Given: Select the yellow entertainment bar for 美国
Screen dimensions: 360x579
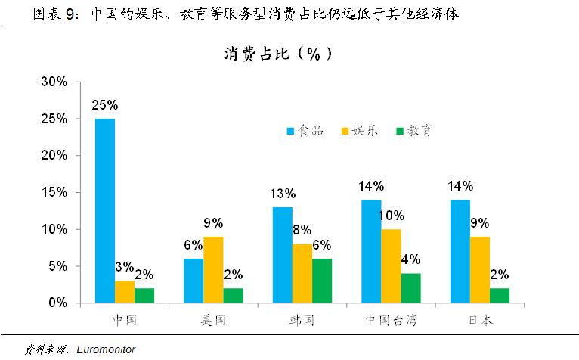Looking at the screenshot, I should point(212,269).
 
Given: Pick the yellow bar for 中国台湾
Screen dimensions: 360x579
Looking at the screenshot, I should point(391,265).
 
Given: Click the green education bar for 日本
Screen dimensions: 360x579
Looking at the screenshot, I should point(500,295).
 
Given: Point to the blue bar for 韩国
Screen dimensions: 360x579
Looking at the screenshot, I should point(281,254).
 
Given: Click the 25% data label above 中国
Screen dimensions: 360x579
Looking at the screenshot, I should point(104,106).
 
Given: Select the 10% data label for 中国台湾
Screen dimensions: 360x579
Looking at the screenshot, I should point(392,216).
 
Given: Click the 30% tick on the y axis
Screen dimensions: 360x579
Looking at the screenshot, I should point(54,82).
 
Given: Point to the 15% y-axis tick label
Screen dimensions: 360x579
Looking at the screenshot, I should point(54,192).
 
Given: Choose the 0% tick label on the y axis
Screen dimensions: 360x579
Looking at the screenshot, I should point(57,303).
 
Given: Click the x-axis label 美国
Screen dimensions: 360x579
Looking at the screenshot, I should point(212,320).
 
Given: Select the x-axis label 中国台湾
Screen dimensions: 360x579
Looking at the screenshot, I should point(391,320).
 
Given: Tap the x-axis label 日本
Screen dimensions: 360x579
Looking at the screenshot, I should point(480,320).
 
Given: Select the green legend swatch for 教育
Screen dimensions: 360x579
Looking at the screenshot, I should point(398,131).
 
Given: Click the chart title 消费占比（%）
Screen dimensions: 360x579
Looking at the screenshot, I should point(277,54).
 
